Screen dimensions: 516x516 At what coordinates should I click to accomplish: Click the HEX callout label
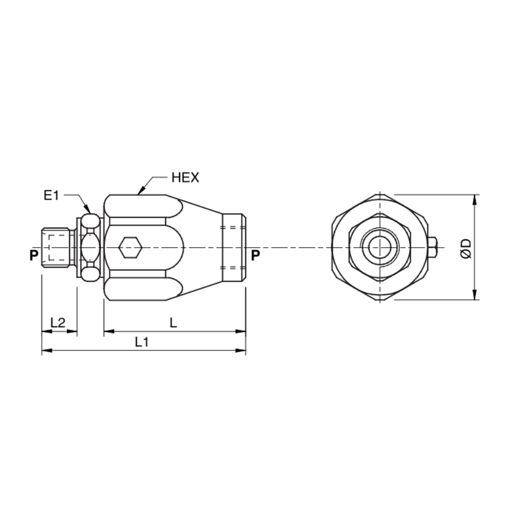pyautogui.click(x=185, y=178)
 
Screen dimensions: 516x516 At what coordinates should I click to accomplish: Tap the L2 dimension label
pyautogui.click(x=58, y=323)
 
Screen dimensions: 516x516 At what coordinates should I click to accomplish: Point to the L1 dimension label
pyautogui.click(x=142, y=342)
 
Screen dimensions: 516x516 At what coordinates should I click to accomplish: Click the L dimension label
pyautogui.click(x=174, y=323)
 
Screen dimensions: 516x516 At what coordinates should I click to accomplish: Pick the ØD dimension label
pyautogui.click(x=466, y=248)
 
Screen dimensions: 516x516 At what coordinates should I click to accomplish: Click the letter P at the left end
pyautogui.click(x=34, y=255)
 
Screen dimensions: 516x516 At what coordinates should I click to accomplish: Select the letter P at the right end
pyautogui.click(x=255, y=255)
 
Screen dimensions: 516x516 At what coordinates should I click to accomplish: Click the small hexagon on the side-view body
pyautogui.click(x=130, y=248)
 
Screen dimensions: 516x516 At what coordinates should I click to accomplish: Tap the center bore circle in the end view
pyautogui.click(x=380, y=248)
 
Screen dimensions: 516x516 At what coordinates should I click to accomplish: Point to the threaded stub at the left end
pyautogui.click(x=56, y=248)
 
